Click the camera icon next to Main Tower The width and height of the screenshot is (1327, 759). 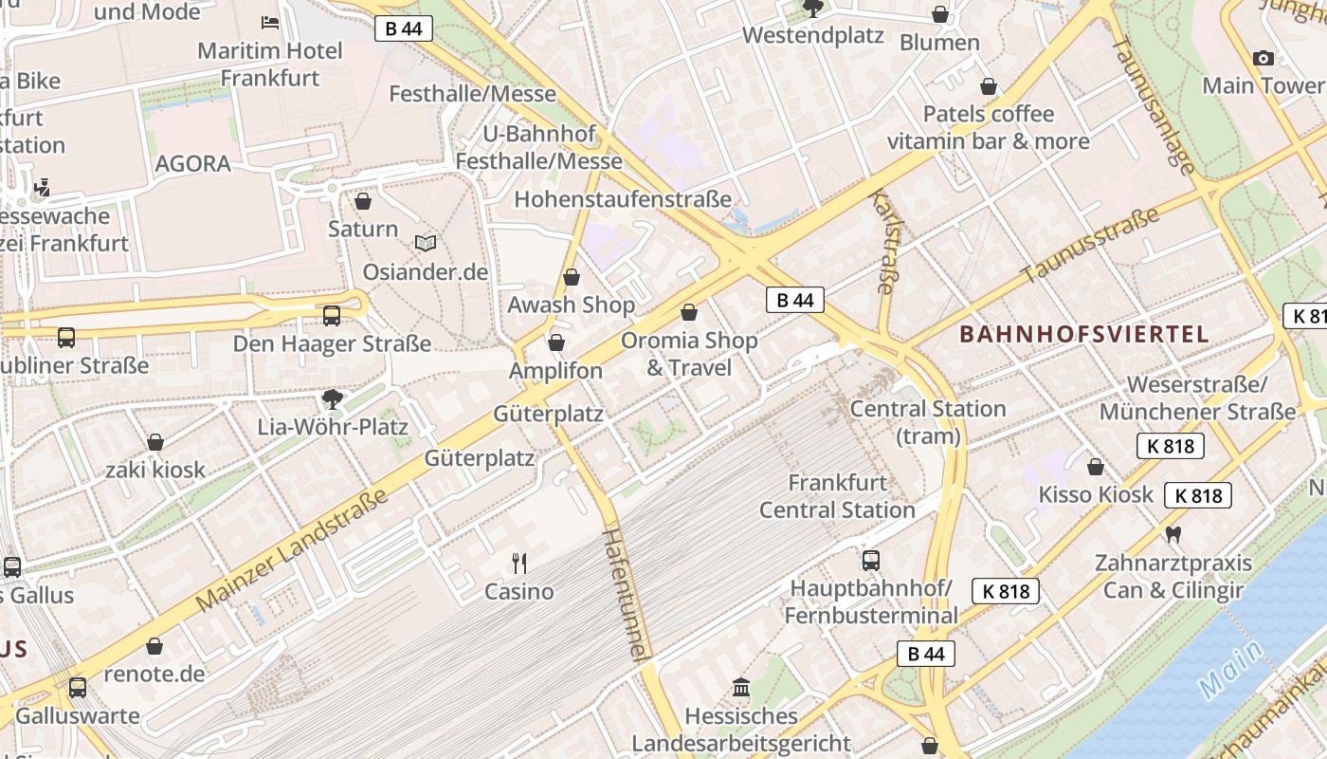[x=1263, y=59]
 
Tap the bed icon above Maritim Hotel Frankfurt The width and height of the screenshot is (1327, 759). [x=270, y=22]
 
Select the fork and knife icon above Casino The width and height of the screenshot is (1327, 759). [x=519, y=564]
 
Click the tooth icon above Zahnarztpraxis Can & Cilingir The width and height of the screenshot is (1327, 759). [x=1173, y=534]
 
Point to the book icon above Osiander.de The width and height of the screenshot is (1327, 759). [x=426, y=244]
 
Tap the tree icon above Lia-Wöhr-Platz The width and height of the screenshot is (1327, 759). [x=332, y=398]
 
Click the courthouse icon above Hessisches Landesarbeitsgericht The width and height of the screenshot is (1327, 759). [x=741, y=687]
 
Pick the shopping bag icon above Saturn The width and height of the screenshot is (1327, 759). [x=363, y=201]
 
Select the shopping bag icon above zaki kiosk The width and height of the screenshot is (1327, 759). [x=155, y=442]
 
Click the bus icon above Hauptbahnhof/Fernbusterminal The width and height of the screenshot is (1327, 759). [x=871, y=560]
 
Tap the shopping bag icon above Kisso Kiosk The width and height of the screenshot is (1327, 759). [x=1096, y=467]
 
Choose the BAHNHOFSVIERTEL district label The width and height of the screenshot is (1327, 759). [x=1084, y=334]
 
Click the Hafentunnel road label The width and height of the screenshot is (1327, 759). [x=626, y=596]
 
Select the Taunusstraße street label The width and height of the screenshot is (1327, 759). [x=1090, y=247]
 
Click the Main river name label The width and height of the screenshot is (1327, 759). [x=1228, y=670]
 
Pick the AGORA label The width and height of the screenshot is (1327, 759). [x=192, y=163]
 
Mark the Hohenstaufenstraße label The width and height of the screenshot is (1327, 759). [x=623, y=199]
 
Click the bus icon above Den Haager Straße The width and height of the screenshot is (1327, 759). [x=332, y=316]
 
